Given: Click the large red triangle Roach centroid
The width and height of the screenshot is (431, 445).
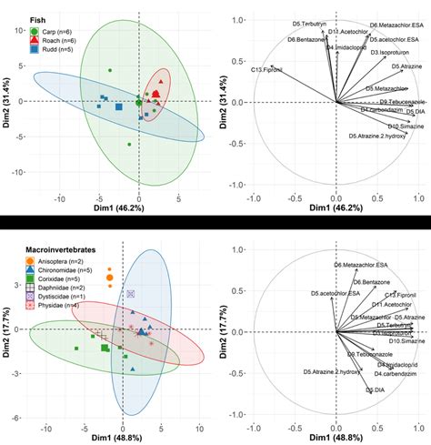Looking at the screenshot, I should (157, 94).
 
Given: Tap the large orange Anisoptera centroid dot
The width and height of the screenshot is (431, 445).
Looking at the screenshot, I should (111, 276).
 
